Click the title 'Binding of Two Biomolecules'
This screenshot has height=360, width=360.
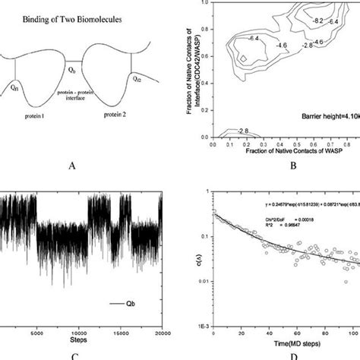coord(62,14)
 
